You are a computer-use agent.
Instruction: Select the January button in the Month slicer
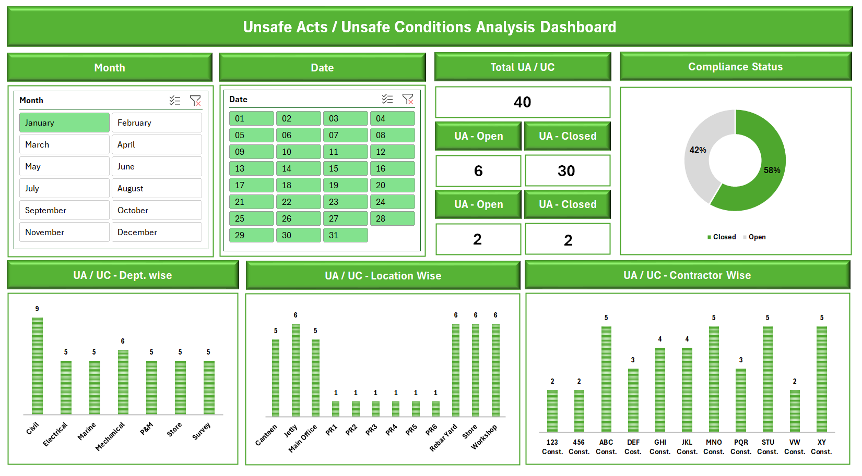(64, 123)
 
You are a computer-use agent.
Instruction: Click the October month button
(157, 210)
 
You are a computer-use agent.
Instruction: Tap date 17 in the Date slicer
(251, 185)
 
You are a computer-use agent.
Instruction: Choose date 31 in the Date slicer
(345, 235)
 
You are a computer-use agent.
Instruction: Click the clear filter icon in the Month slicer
(195, 101)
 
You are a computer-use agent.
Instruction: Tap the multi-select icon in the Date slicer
(387, 99)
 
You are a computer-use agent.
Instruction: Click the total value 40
(522, 102)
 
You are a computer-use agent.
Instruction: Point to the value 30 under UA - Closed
(566, 171)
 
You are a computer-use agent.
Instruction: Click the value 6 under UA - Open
(478, 171)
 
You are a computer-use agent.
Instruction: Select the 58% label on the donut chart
(772, 170)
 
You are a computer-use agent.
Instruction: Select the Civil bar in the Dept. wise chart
(37, 365)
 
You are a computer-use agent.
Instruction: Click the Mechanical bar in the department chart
(123, 382)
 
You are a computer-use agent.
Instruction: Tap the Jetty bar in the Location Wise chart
(296, 370)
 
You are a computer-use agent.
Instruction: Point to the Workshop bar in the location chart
(495, 370)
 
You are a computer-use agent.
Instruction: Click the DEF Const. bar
(633, 400)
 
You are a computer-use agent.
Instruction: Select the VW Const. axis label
(794, 447)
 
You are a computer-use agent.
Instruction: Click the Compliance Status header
(735, 67)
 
